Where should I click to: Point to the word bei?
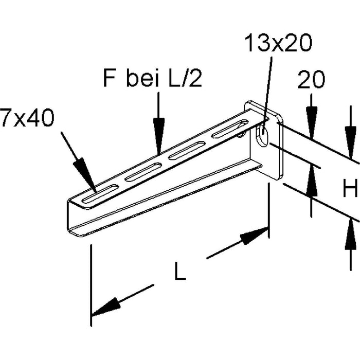click(x=139, y=80)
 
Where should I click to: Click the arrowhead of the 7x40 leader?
click(x=85, y=172)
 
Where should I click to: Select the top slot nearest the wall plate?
click(x=230, y=129)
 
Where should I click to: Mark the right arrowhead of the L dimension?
click(x=254, y=236)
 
